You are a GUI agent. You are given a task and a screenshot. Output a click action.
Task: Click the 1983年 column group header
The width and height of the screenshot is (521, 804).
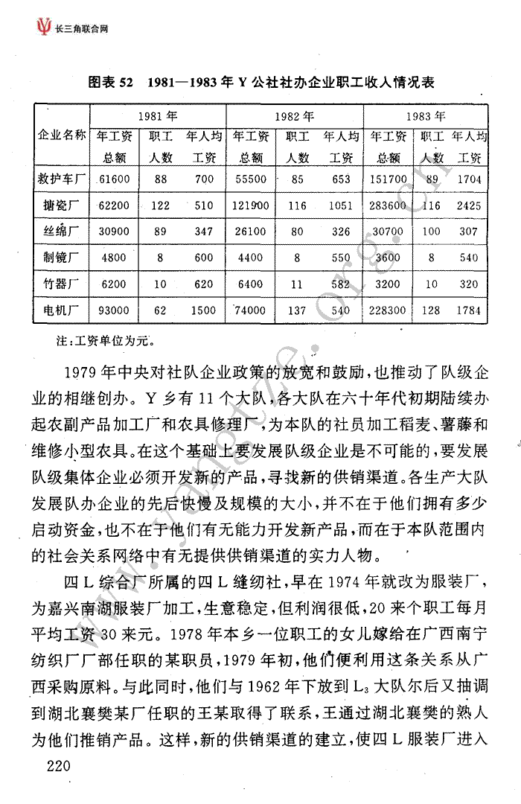pyautogui.click(x=426, y=116)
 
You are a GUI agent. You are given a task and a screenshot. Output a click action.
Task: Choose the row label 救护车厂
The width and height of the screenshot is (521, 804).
pyautogui.click(x=63, y=179)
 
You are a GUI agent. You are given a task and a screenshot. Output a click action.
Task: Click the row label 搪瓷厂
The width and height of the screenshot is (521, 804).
pyautogui.click(x=63, y=205)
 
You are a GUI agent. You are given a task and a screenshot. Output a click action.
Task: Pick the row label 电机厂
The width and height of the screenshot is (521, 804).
pyautogui.click(x=63, y=310)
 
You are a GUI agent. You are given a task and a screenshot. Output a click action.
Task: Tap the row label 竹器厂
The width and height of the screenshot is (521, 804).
pyautogui.click(x=63, y=284)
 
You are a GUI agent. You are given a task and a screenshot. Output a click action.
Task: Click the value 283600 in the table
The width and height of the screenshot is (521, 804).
pyautogui.click(x=389, y=205)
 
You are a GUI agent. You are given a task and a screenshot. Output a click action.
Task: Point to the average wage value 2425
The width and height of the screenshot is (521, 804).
pyautogui.click(x=469, y=205)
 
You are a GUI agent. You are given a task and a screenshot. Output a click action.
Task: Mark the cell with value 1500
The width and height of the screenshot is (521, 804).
pyautogui.click(x=203, y=310)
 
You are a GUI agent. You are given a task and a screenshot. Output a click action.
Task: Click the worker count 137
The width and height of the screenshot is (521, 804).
pyautogui.click(x=298, y=310)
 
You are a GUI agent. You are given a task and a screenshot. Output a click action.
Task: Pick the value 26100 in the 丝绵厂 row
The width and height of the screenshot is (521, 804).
pyautogui.click(x=249, y=232)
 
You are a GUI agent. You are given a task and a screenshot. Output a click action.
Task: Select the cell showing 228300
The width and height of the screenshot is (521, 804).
pyautogui.click(x=389, y=310)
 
